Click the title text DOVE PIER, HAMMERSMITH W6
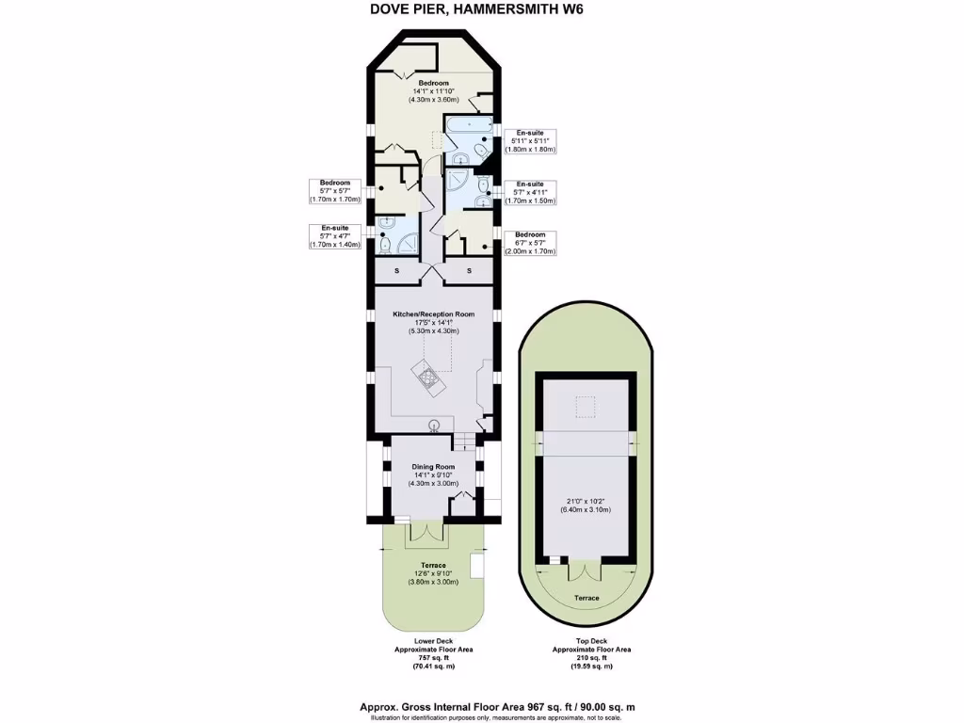pos(481,10)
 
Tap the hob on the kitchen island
pos(429,378)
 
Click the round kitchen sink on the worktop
pos(435,425)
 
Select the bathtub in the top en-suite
pos(467,126)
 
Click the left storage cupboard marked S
pos(396,272)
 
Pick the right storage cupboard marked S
pos(470,272)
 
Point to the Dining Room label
pos(433,467)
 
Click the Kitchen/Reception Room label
pos(433,313)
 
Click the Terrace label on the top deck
pos(586,598)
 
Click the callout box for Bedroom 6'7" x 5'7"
pos(530,243)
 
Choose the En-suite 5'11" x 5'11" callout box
pos(530,141)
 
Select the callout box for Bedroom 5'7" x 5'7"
pos(335,191)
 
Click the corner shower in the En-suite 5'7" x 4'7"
pos(409,244)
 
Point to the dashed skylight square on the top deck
pos(586,407)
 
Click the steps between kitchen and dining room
pos(464,440)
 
